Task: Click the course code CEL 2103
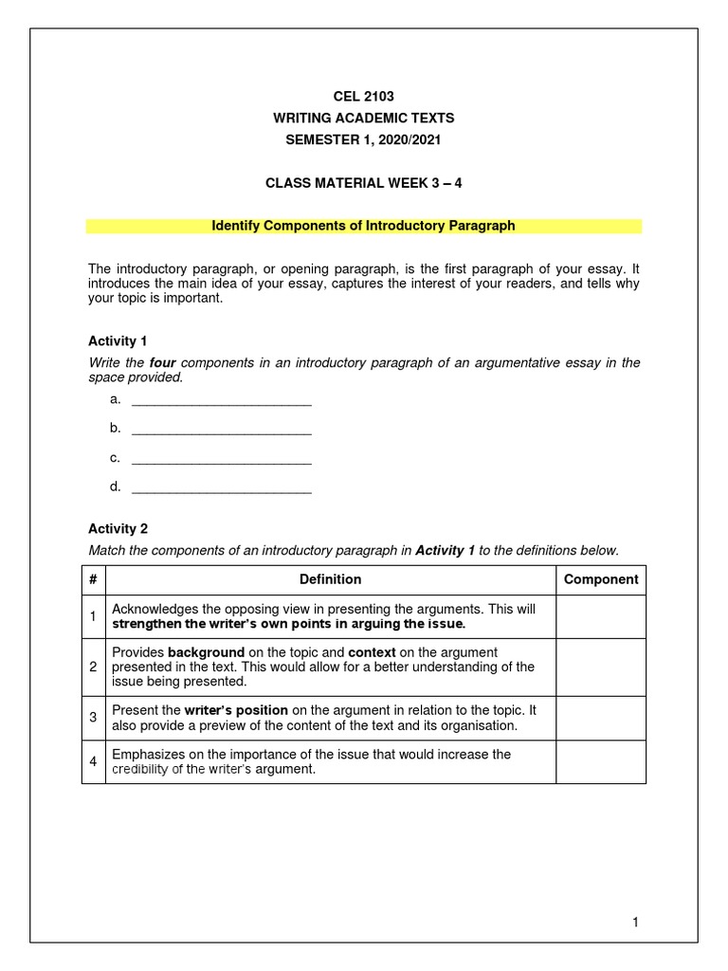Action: coord(363,96)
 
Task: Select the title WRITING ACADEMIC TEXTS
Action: coord(363,119)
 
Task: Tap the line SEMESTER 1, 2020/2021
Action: coord(363,140)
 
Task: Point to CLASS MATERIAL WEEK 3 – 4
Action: coord(363,182)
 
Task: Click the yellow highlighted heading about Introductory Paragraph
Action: coord(363,226)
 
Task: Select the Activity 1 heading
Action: coord(118,340)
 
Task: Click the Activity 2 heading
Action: coord(118,529)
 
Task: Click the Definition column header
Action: coord(330,579)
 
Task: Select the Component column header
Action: coord(601,579)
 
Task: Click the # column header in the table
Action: coord(93,579)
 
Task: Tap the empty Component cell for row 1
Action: coord(601,617)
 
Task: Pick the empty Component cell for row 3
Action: coord(601,718)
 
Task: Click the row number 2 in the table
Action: coord(93,667)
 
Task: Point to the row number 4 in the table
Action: coord(93,761)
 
